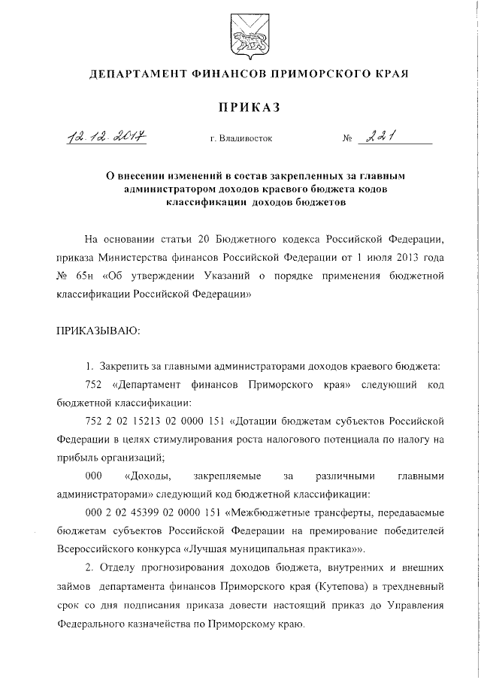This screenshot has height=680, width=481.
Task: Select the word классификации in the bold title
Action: [201, 202]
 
